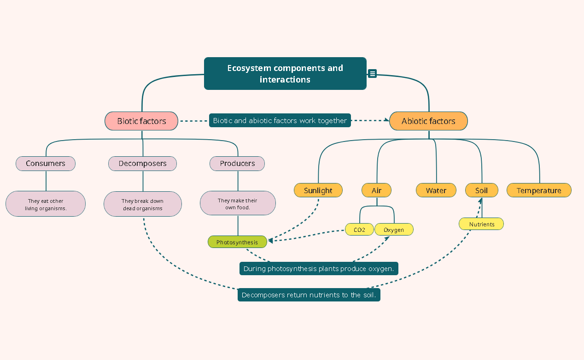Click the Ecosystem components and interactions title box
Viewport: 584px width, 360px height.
(285, 74)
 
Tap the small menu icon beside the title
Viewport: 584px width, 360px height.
(373, 73)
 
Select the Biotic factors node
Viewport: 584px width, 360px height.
(141, 121)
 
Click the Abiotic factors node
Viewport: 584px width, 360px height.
(428, 121)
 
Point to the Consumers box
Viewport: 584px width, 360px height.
(46, 164)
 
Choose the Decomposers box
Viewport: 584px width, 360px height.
(142, 164)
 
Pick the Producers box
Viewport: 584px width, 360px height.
(237, 164)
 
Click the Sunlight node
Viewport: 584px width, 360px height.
(318, 190)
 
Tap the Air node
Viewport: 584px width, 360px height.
(377, 190)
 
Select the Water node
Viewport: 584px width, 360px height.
(436, 190)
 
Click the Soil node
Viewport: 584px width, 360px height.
(481, 190)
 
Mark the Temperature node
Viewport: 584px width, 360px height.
(539, 190)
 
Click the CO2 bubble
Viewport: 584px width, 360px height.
(360, 230)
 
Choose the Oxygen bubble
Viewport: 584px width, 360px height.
(394, 230)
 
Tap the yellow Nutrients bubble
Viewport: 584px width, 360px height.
(481, 224)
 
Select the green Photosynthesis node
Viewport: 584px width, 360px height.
(237, 242)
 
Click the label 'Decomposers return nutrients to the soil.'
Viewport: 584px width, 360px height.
(309, 295)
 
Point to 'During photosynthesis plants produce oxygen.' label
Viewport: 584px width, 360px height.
(319, 269)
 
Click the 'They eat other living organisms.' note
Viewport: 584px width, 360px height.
(46, 204)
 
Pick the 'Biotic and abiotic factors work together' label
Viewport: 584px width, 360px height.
(280, 121)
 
